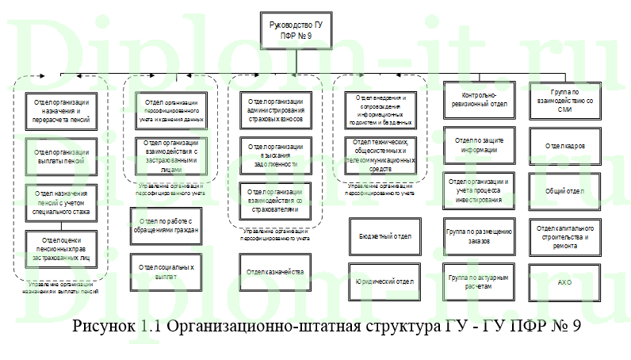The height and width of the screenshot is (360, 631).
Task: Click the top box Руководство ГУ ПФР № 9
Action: pos(296,30)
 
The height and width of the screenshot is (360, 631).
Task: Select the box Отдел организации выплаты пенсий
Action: pos(61,155)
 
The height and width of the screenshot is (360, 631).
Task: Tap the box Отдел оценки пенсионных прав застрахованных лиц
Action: pos(61,247)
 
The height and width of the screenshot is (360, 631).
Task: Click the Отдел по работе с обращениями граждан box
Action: pos(164,224)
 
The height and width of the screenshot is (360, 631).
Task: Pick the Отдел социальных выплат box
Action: pos(164,272)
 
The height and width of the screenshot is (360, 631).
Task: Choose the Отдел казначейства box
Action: pos(275,272)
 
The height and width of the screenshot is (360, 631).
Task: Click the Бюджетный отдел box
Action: pos(380,236)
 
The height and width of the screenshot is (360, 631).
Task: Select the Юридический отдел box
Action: pos(380,281)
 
